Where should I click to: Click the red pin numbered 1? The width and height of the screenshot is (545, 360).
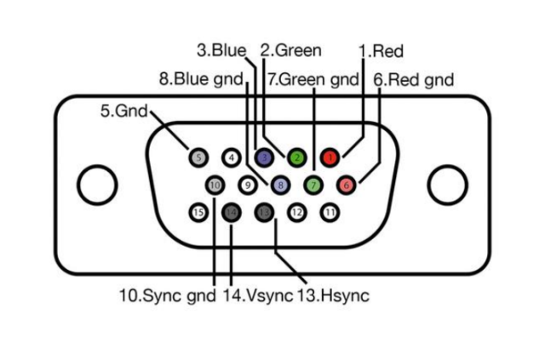(330, 157)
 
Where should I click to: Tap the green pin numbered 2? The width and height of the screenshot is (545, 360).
(296, 157)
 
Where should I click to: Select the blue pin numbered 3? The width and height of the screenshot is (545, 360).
(264, 157)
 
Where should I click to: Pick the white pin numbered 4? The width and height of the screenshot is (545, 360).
(231, 157)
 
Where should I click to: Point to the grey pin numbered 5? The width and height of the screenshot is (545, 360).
(198, 157)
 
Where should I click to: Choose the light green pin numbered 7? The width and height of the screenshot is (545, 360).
(313, 184)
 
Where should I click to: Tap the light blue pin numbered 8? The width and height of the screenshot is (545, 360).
(280, 184)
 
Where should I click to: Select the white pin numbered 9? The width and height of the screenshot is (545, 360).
(247, 184)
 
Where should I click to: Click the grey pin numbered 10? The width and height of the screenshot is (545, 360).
(214, 184)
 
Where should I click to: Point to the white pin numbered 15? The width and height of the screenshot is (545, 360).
(198, 211)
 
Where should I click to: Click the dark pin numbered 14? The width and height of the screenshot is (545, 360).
(231, 211)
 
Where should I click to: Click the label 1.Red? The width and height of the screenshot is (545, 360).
(381, 52)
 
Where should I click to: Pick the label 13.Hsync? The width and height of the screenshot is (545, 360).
(333, 296)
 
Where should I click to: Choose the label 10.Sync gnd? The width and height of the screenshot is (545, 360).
(168, 296)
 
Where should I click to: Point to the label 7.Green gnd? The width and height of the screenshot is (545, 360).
(313, 80)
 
